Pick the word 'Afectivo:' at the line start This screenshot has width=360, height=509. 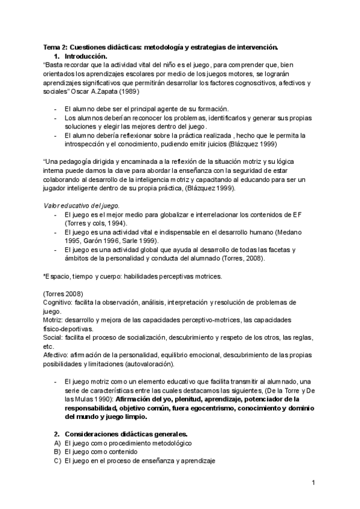pyautogui.click(x=58, y=355)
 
